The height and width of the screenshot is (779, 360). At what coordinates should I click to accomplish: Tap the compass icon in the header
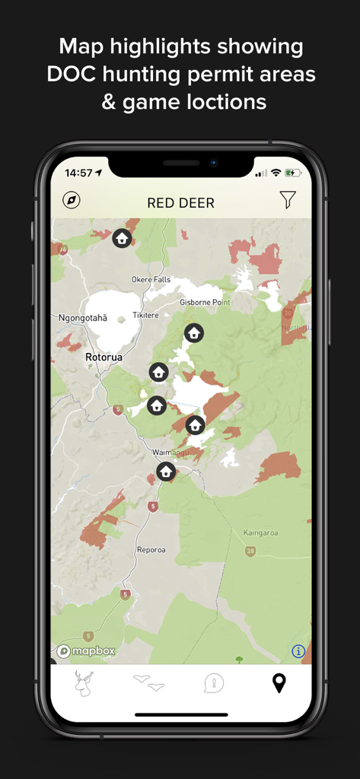(72, 200)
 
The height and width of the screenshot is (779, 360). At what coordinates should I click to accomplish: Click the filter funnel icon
(287, 200)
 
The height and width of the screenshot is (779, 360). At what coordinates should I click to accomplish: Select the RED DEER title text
(180, 203)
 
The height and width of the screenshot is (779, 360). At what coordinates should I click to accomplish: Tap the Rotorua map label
(104, 356)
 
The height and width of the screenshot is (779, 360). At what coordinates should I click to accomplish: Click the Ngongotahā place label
(83, 318)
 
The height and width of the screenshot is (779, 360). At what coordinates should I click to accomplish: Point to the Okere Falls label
(151, 279)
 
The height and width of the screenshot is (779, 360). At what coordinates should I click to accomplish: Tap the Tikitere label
(145, 315)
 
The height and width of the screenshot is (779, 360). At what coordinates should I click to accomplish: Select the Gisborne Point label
(205, 302)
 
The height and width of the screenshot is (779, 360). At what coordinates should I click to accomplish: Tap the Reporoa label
(151, 549)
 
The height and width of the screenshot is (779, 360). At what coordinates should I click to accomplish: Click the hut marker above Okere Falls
(122, 238)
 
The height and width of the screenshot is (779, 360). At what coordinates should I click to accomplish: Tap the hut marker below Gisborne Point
(194, 332)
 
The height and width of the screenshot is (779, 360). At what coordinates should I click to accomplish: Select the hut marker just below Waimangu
(166, 472)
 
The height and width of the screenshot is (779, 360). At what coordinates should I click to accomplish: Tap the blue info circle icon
(298, 651)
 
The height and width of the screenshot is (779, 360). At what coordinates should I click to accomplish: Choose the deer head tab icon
(84, 682)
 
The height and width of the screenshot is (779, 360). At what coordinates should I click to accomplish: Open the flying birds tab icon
(148, 682)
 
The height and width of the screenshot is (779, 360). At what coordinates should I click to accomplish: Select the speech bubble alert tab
(214, 683)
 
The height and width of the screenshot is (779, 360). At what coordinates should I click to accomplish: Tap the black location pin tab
(279, 683)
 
